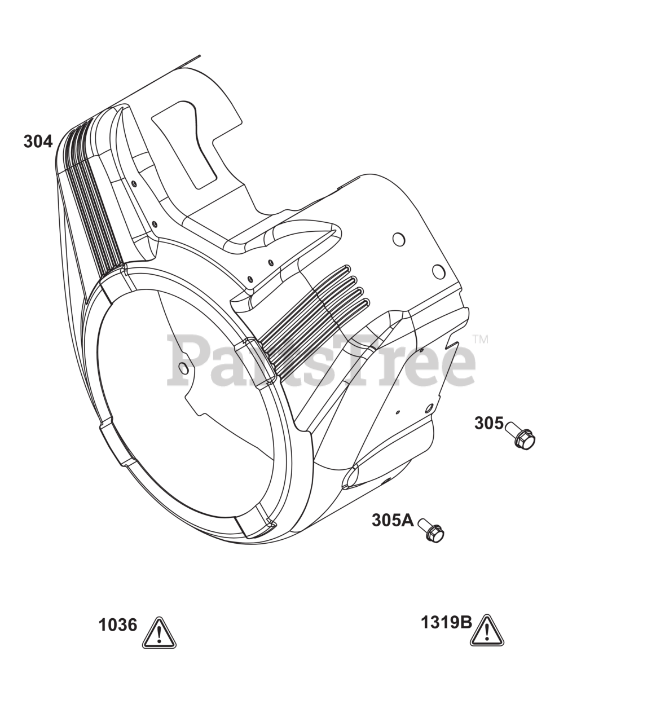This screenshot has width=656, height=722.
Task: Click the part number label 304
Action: [38, 142]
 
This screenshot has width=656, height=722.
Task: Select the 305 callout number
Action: [488, 423]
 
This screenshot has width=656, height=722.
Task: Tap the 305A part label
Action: [393, 520]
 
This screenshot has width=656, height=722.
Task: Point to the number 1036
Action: [118, 625]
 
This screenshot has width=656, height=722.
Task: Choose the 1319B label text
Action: [447, 623]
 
